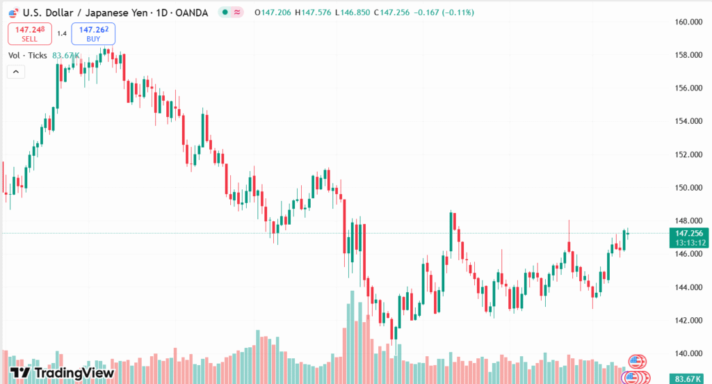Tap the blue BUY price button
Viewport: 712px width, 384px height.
point(93,33)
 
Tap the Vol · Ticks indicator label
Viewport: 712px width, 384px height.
point(27,55)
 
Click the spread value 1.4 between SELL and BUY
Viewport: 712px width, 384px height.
point(62,33)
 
